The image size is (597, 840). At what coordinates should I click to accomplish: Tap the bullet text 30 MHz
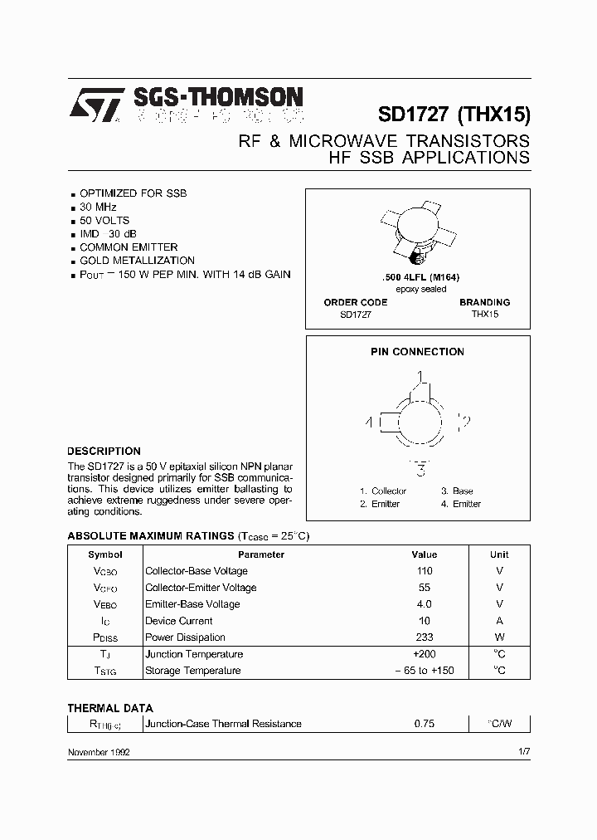98,207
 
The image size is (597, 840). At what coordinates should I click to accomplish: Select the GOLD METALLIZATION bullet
137,260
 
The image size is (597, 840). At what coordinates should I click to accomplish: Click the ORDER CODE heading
356,302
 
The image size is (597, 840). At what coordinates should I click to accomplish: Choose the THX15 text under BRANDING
485,315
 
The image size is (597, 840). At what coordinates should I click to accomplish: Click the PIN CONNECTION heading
417,352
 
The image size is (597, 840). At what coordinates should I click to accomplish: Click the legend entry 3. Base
457,491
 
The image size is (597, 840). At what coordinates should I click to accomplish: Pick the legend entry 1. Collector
383,491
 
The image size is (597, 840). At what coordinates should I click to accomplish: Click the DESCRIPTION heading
104,452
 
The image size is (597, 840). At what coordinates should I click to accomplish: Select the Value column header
424,554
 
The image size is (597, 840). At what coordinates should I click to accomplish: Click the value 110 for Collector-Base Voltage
424,571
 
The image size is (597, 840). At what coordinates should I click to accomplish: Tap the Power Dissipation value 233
424,637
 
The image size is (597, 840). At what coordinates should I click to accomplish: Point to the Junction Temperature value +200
424,654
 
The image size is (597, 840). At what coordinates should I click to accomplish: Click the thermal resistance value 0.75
424,724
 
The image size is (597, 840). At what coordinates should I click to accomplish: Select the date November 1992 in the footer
98,751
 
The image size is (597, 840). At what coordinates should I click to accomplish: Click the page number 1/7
523,751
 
